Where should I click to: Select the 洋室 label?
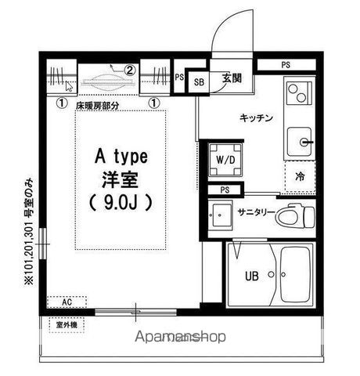pos(121,178)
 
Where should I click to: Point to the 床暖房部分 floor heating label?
pos(98,103)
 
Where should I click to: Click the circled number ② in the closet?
pos(131,70)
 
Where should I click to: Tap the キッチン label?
pos(256,118)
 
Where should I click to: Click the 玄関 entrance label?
pos(231,78)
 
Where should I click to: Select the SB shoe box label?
pos(199,81)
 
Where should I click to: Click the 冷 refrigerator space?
pos(300,177)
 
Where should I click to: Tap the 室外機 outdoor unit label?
pos(66,324)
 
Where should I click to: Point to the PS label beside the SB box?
pos(179,78)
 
